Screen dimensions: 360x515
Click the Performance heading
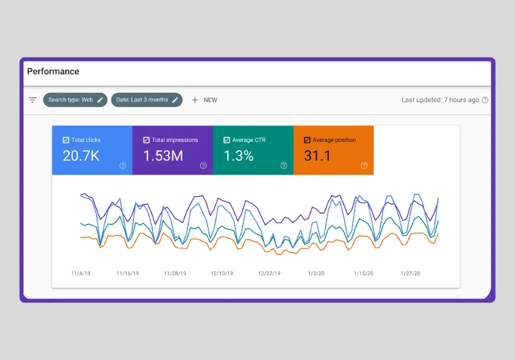53,72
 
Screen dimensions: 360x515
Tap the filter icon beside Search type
33,100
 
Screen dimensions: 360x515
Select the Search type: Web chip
75,100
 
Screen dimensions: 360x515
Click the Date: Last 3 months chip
147,100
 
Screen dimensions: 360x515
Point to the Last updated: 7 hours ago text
440,100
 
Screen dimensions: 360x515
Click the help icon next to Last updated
485,100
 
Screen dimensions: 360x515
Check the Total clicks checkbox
66,140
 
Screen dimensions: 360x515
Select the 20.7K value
81,156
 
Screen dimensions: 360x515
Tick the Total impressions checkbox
146,140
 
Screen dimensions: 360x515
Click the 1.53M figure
163,156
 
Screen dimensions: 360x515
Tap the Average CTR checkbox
226,140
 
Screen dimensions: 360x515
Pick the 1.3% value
238,156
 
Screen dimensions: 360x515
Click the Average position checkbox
307,140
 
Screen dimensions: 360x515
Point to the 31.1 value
318,156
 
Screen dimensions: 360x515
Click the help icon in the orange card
364,165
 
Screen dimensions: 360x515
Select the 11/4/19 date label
80,274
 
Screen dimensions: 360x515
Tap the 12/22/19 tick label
269,274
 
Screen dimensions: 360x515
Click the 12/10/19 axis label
222,274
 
